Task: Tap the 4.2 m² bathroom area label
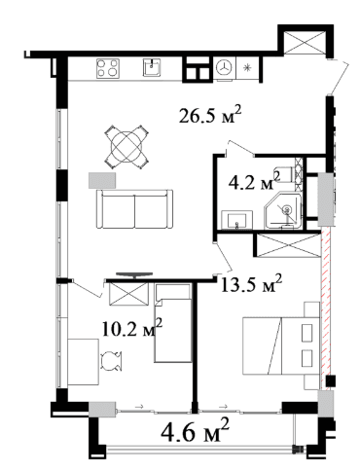254,182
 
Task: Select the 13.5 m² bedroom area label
251,283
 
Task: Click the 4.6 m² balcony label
196,431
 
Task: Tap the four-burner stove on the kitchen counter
108,68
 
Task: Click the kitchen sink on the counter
152,68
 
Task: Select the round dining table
126,147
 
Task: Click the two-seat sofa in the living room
134,209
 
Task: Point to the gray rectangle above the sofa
102,180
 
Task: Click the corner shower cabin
284,211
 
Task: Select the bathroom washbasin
237,219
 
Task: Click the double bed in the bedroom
281,345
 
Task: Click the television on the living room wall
134,275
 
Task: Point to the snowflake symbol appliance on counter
247,68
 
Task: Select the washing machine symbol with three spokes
224,68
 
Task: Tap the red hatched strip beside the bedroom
325,308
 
